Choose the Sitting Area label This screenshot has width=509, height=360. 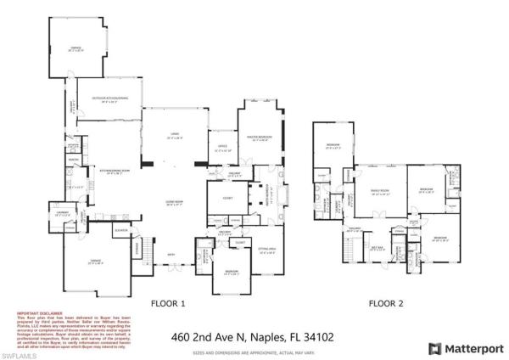[268, 250]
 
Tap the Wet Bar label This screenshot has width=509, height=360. [378, 248]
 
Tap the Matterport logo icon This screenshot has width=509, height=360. [434, 347]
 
